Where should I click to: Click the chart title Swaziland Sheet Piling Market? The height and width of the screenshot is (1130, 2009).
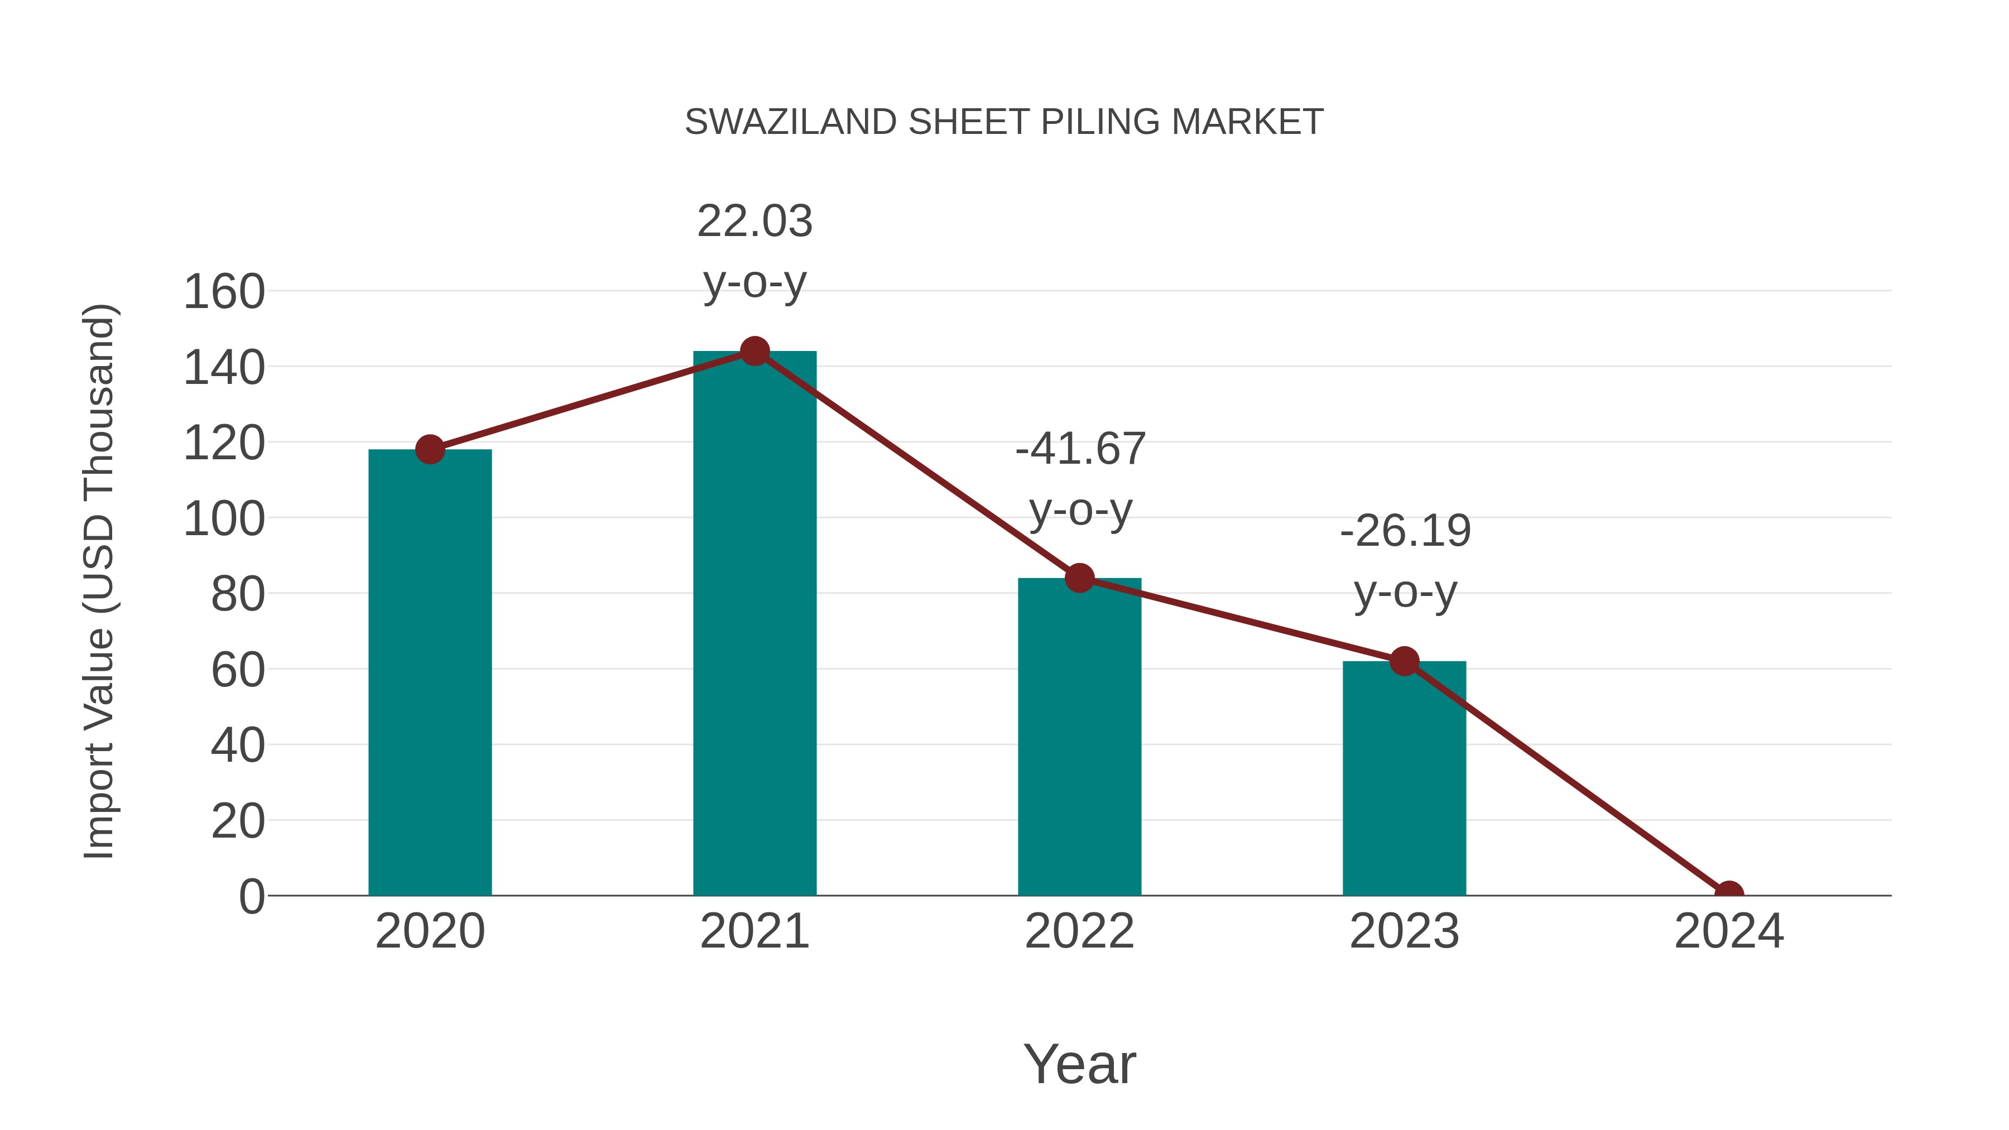[1004, 122]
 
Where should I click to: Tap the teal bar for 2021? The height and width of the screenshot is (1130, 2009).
[754, 624]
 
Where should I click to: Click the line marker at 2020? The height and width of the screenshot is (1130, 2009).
[430, 449]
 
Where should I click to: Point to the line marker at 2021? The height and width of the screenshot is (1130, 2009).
[754, 351]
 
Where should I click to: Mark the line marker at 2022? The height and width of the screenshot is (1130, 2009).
[1079, 578]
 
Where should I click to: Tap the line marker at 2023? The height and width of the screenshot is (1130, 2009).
[1404, 661]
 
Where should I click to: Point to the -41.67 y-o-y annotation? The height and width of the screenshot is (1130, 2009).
[1080, 479]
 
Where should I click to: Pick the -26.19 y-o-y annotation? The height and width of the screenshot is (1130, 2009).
[1405, 561]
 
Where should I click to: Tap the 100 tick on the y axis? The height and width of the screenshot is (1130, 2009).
[224, 520]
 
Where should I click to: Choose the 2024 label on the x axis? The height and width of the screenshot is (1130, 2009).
[1728, 931]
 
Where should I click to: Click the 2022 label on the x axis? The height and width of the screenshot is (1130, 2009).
[1079, 931]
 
